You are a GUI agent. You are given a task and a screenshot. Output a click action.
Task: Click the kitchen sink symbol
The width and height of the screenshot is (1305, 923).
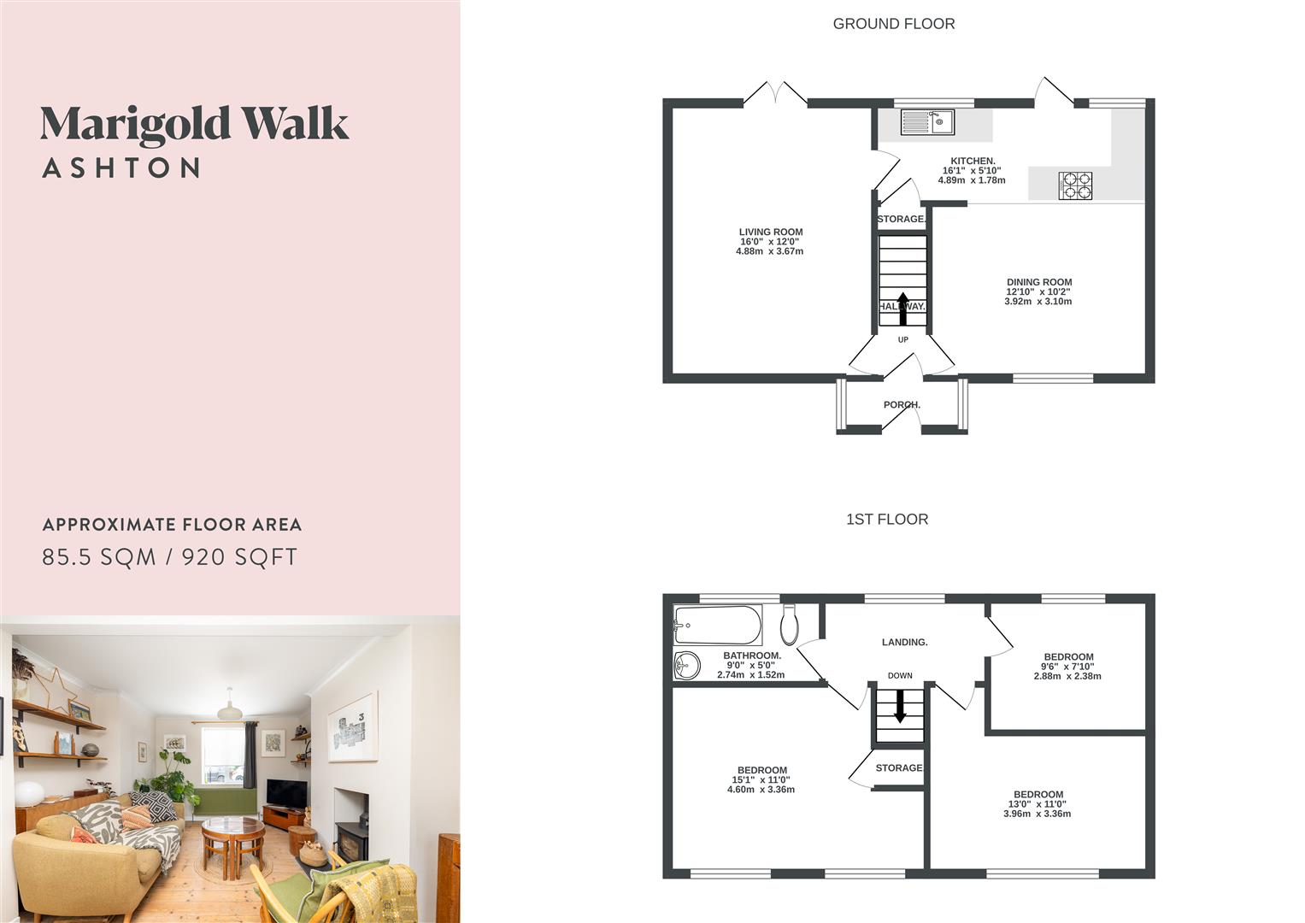pos(927,122)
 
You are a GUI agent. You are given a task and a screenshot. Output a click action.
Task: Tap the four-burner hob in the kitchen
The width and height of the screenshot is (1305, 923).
pos(1076,185)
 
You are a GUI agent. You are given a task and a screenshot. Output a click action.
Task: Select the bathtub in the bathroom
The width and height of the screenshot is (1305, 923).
pos(717,625)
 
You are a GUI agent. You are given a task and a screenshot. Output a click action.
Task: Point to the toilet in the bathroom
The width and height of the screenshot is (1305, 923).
pos(790,625)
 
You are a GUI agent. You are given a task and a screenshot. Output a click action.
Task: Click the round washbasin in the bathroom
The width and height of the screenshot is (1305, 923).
pos(686,665)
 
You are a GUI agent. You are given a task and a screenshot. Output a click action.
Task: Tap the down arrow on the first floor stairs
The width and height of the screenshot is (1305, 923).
pos(899,706)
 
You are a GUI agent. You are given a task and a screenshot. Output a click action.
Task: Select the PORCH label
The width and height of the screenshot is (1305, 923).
pos(902,404)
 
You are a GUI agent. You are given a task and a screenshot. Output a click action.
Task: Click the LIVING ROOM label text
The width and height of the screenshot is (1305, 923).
pos(770,232)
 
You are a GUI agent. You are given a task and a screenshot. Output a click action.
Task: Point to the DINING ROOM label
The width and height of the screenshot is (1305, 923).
pos(1038,282)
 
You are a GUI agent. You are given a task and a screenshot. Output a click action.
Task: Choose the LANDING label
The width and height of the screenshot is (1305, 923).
pos(904,642)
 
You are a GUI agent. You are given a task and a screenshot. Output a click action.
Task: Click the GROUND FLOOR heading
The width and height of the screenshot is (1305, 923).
pos(893,24)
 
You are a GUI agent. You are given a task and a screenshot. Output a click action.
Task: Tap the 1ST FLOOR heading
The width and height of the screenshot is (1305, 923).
pos(886,519)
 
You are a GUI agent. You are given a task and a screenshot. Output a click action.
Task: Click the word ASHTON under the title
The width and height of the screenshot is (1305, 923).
pos(121,168)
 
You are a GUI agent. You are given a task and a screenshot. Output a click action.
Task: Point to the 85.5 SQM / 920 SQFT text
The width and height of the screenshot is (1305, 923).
pos(170,557)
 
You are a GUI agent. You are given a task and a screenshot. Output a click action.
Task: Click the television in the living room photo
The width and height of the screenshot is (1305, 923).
pos(286,794)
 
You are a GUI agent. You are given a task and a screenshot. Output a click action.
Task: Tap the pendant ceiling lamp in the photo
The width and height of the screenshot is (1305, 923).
pos(229,709)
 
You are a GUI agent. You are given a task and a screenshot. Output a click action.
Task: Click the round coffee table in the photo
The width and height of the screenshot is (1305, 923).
pos(232,827)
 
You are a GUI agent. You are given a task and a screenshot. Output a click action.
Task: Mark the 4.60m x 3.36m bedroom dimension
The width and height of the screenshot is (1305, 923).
pos(761,790)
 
